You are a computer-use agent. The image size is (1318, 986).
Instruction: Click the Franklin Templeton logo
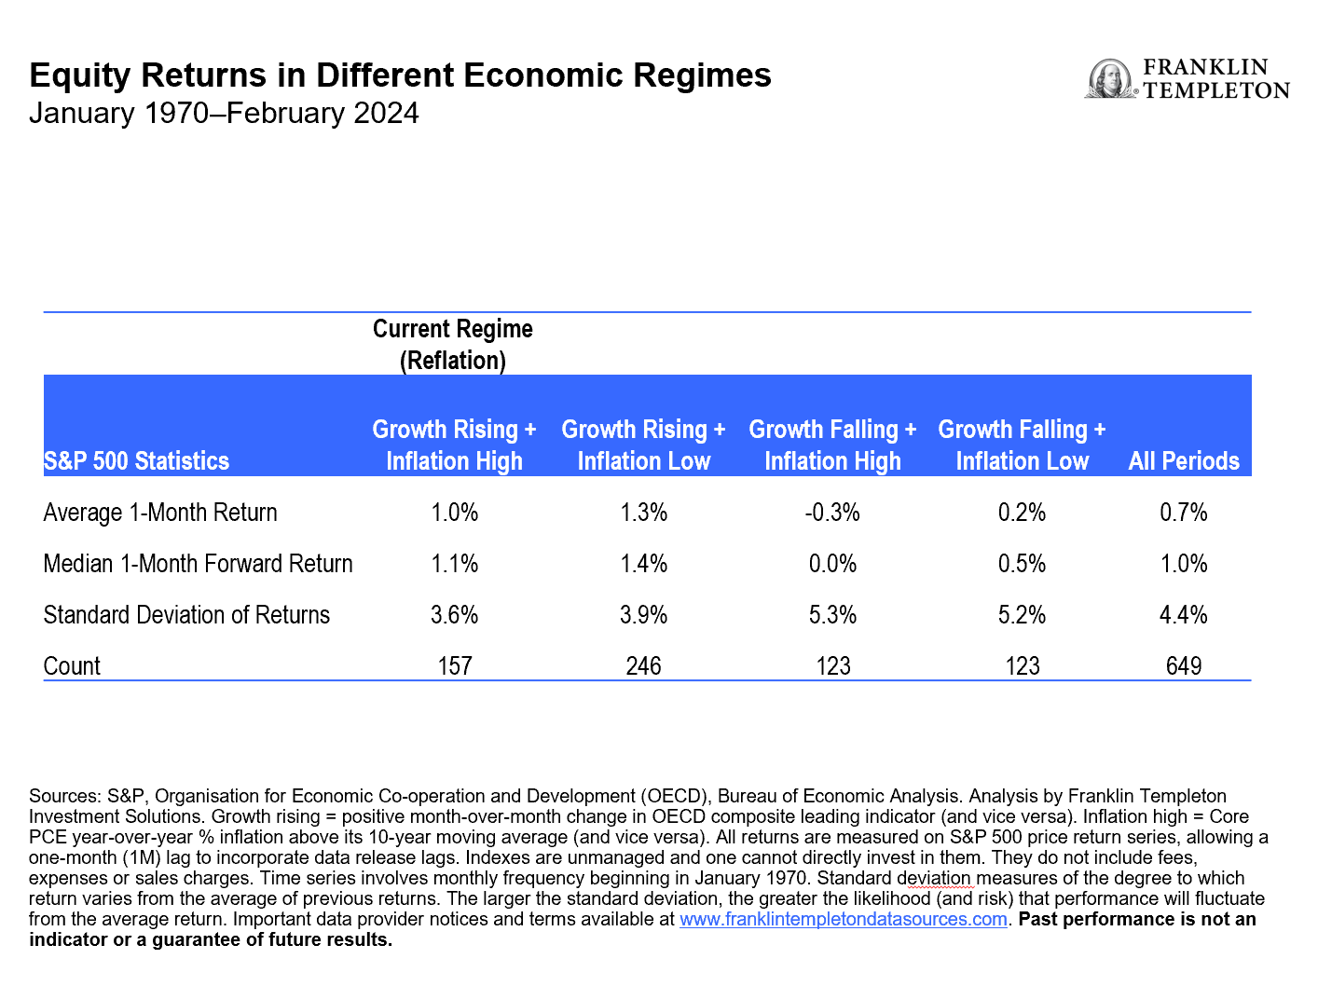tap(1187, 79)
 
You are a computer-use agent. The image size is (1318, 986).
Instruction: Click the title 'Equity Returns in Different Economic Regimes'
tap(400, 75)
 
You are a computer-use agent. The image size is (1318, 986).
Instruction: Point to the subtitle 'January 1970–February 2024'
tap(224, 113)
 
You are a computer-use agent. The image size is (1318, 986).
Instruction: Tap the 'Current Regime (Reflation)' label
tap(453, 345)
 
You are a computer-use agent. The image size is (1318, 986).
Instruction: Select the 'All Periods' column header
tap(1184, 460)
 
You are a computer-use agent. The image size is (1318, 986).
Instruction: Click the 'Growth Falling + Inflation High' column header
tap(832, 445)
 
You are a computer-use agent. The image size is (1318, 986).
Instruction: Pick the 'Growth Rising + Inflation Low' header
tap(643, 445)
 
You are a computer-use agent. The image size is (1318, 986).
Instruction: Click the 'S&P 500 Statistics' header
tap(136, 460)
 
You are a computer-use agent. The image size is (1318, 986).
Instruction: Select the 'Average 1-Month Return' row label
tap(160, 513)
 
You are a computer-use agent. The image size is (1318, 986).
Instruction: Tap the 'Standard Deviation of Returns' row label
tap(186, 615)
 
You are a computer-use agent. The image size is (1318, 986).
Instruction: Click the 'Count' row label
tap(72, 666)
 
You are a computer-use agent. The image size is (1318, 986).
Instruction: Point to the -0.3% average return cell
tap(832, 513)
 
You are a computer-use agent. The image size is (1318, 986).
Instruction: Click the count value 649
tap(1184, 666)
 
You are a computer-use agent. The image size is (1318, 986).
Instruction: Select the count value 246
tap(643, 666)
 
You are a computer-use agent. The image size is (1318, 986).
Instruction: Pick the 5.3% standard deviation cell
tap(832, 615)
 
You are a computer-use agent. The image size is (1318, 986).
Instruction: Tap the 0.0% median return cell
tap(832, 564)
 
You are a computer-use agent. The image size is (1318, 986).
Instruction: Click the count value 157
tap(455, 666)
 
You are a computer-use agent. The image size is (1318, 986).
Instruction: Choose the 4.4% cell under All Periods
tap(1184, 615)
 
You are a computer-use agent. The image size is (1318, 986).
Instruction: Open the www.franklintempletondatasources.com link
tap(844, 919)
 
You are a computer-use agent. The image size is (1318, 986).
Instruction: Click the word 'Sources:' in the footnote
tap(64, 796)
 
